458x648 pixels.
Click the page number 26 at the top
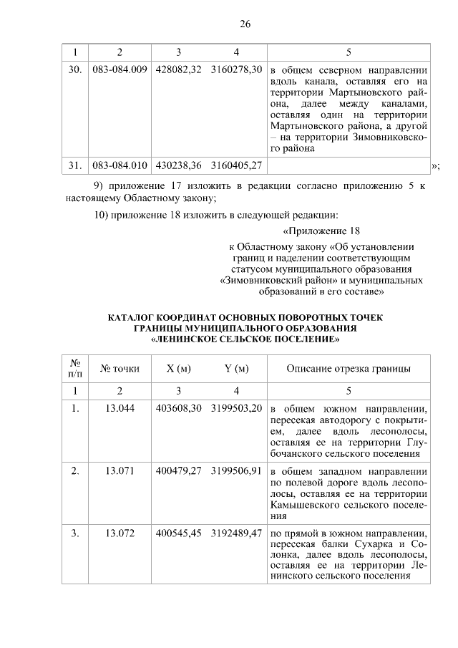point(244,24)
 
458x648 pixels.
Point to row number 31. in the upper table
point(74,165)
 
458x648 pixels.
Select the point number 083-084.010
point(120,165)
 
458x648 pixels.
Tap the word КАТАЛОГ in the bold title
point(135,317)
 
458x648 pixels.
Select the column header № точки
point(120,369)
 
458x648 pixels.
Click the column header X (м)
point(178,369)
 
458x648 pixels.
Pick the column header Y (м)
point(236,369)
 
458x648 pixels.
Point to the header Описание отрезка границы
point(349,369)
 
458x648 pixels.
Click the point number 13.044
point(120,408)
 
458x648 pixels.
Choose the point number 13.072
point(120,533)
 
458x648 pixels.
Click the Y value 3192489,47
point(236,533)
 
